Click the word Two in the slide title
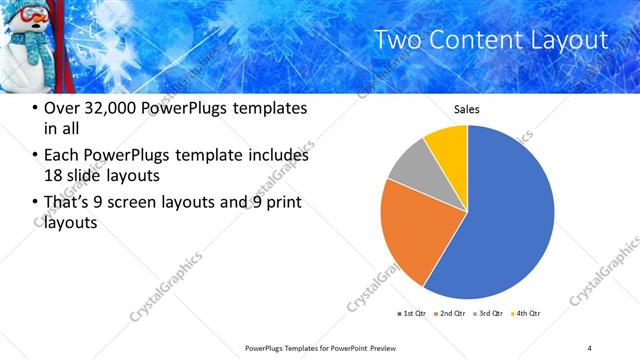coord(396,40)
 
